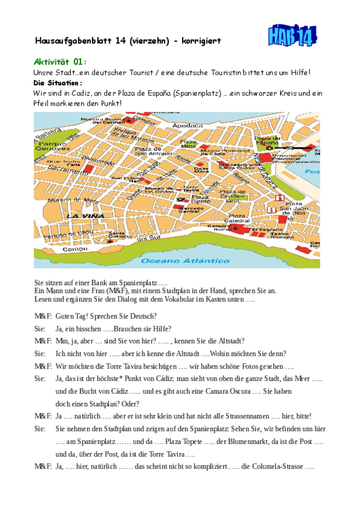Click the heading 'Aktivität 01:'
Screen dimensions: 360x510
(60, 61)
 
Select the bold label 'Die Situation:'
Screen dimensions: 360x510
(58, 83)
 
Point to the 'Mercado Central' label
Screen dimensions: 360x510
(189, 209)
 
